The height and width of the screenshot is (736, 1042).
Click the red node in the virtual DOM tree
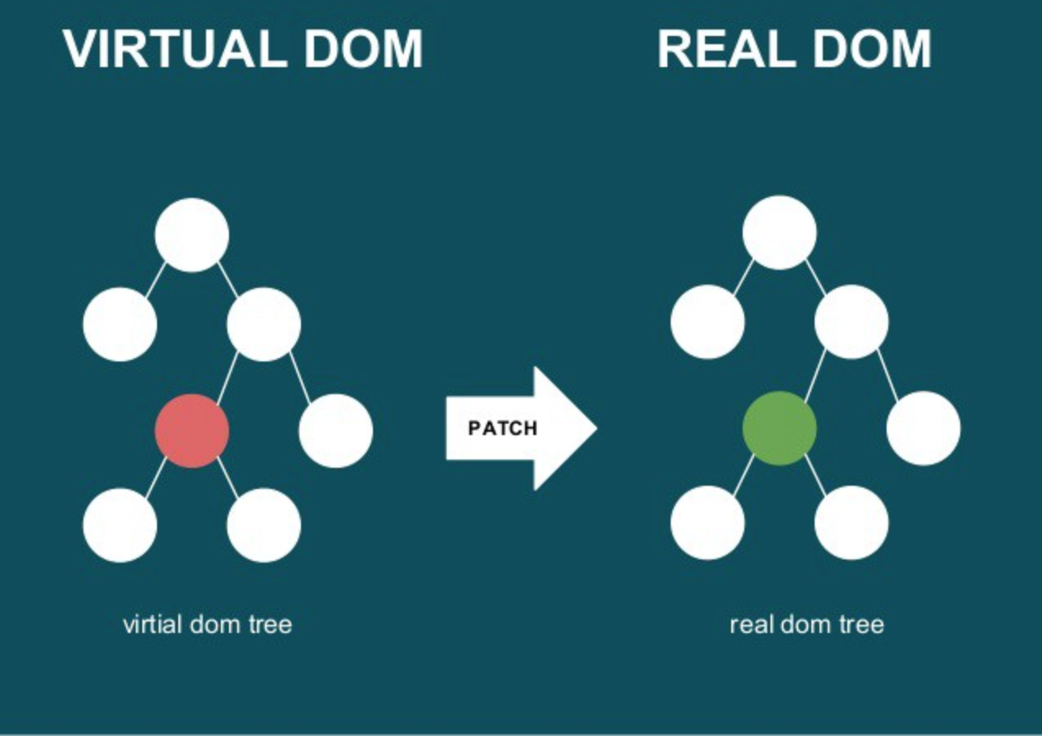point(192,431)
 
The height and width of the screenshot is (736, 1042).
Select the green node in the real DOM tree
point(779,429)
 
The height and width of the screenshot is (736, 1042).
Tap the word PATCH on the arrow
point(502,429)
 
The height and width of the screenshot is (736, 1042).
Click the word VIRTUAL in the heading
point(173,49)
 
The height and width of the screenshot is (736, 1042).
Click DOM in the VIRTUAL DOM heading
point(357,49)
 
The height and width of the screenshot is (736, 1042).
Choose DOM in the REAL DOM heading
point(869,49)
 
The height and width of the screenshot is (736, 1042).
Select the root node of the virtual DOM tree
point(192,235)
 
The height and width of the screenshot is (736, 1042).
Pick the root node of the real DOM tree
point(779,232)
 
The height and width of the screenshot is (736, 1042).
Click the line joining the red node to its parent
point(227,375)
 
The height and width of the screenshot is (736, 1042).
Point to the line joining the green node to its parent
point(815,374)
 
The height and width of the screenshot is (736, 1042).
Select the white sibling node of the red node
point(335,431)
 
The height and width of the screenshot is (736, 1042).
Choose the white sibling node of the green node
point(923,429)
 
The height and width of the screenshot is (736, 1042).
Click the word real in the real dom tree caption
point(752,625)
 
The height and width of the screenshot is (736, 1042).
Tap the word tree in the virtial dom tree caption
point(270,625)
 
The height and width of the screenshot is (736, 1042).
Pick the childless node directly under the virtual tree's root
point(120,325)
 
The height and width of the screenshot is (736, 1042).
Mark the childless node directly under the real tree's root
point(707,322)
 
